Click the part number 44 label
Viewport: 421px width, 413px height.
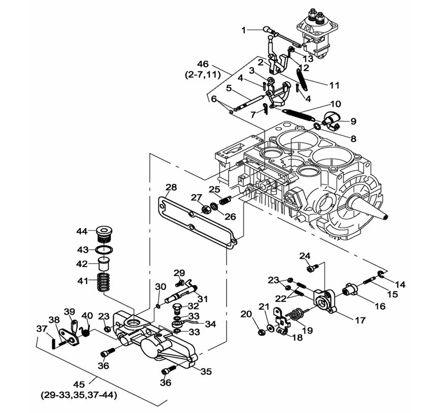pos(82,231)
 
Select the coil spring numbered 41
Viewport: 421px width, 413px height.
pos(104,281)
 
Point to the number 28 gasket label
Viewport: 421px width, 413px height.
pos(171,187)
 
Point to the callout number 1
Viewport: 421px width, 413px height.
pos(243,30)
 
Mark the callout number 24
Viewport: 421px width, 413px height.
pos(305,255)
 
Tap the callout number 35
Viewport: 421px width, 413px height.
pos(205,371)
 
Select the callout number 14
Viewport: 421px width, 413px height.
pos(401,284)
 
